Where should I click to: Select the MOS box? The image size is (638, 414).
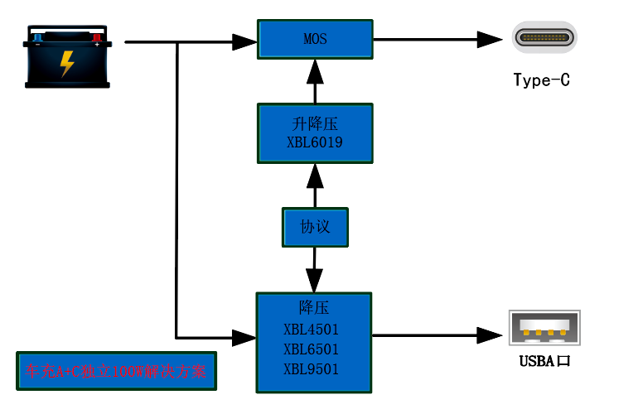click(315, 39)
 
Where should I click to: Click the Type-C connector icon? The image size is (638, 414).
click(544, 38)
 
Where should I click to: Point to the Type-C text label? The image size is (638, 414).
click(542, 80)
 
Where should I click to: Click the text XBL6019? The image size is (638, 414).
click(315, 142)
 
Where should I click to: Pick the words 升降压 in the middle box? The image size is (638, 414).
click(315, 124)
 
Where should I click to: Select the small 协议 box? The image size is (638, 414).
click(315, 227)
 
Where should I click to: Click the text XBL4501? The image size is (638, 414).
click(311, 329)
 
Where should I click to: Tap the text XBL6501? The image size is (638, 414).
click(311, 349)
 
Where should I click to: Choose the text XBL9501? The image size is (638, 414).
click(311, 369)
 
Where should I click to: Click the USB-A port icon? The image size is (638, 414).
click(544, 328)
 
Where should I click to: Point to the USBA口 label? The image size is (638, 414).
click(544, 361)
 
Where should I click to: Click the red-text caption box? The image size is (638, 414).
click(115, 372)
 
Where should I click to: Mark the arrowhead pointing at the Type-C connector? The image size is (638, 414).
click(491, 39)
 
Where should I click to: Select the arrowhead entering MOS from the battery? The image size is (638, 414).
click(244, 40)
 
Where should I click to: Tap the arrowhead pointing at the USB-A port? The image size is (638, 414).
click(491, 335)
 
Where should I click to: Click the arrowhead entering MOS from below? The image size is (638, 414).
click(314, 71)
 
